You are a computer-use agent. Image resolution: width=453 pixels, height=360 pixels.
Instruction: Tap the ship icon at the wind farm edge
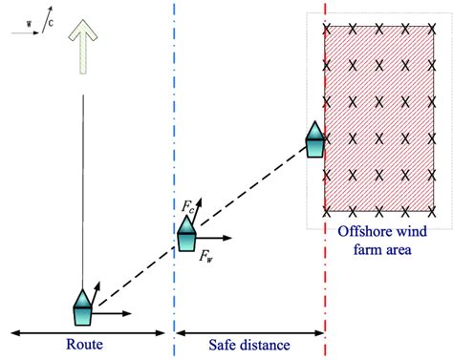314,139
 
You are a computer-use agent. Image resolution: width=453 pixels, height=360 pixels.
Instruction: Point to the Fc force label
187,206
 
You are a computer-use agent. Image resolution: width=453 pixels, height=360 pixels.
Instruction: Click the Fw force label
206,255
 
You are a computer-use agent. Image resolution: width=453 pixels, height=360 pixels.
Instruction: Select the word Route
85,345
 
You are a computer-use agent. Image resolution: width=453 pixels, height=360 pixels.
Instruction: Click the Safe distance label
250,345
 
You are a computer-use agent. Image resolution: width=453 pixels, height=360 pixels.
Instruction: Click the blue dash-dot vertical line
174,115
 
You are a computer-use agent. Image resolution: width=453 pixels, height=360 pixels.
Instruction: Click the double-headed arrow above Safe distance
249,331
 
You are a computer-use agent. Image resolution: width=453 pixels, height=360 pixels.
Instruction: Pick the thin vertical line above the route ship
84,191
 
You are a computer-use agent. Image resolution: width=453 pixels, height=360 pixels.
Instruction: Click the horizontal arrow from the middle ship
215,236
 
